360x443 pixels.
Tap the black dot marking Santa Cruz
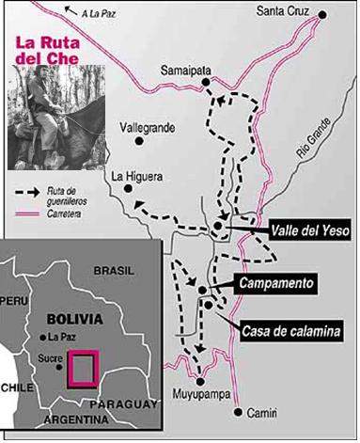pyautogui.click(x=322, y=15)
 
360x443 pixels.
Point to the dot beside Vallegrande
pyautogui.click(x=141, y=141)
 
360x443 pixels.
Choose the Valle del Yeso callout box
pyautogui.click(x=283, y=229)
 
